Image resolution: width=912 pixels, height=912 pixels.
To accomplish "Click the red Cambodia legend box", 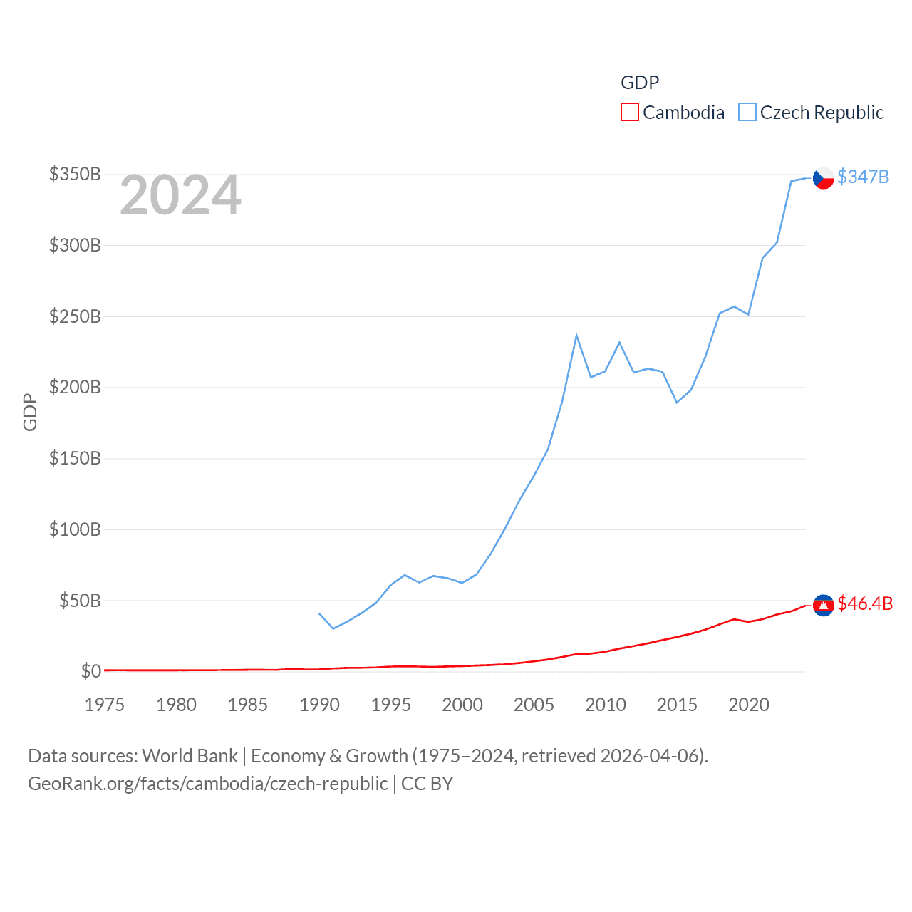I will click(630, 112).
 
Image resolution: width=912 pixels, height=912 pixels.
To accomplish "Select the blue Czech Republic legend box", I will click(747, 112).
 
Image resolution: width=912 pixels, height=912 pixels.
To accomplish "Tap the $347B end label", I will click(863, 177).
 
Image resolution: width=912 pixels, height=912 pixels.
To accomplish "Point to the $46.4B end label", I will click(865, 603).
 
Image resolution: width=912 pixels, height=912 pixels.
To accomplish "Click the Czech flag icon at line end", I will click(823, 178).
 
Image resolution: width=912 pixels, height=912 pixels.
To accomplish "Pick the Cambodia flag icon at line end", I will click(823, 605).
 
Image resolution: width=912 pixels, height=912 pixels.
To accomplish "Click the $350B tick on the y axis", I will click(75, 174).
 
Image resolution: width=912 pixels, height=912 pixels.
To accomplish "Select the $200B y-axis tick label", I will click(75, 387).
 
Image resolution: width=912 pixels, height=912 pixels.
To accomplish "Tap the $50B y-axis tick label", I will click(79, 601).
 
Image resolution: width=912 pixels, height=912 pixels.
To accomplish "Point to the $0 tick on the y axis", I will click(90, 671).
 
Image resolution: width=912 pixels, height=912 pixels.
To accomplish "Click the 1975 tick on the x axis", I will click(105, 705).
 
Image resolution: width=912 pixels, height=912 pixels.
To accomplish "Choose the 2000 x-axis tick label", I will click(462, 705).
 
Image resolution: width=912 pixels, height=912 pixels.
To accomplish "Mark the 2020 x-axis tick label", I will click(748, 705).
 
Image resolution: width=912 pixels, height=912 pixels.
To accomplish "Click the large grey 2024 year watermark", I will click(180, 196).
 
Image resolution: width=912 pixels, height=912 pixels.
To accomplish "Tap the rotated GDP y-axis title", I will click(30, 412).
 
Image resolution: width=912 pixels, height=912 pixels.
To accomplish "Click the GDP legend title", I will click(640, 83).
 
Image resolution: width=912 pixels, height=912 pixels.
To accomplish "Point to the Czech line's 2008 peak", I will click(576, 335).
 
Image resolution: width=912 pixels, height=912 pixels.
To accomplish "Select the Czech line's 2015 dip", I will click(677, 403).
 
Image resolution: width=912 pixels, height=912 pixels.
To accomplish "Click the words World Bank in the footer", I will click(190, 755).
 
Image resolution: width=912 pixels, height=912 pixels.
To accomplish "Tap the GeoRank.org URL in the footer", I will click(207, 784).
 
